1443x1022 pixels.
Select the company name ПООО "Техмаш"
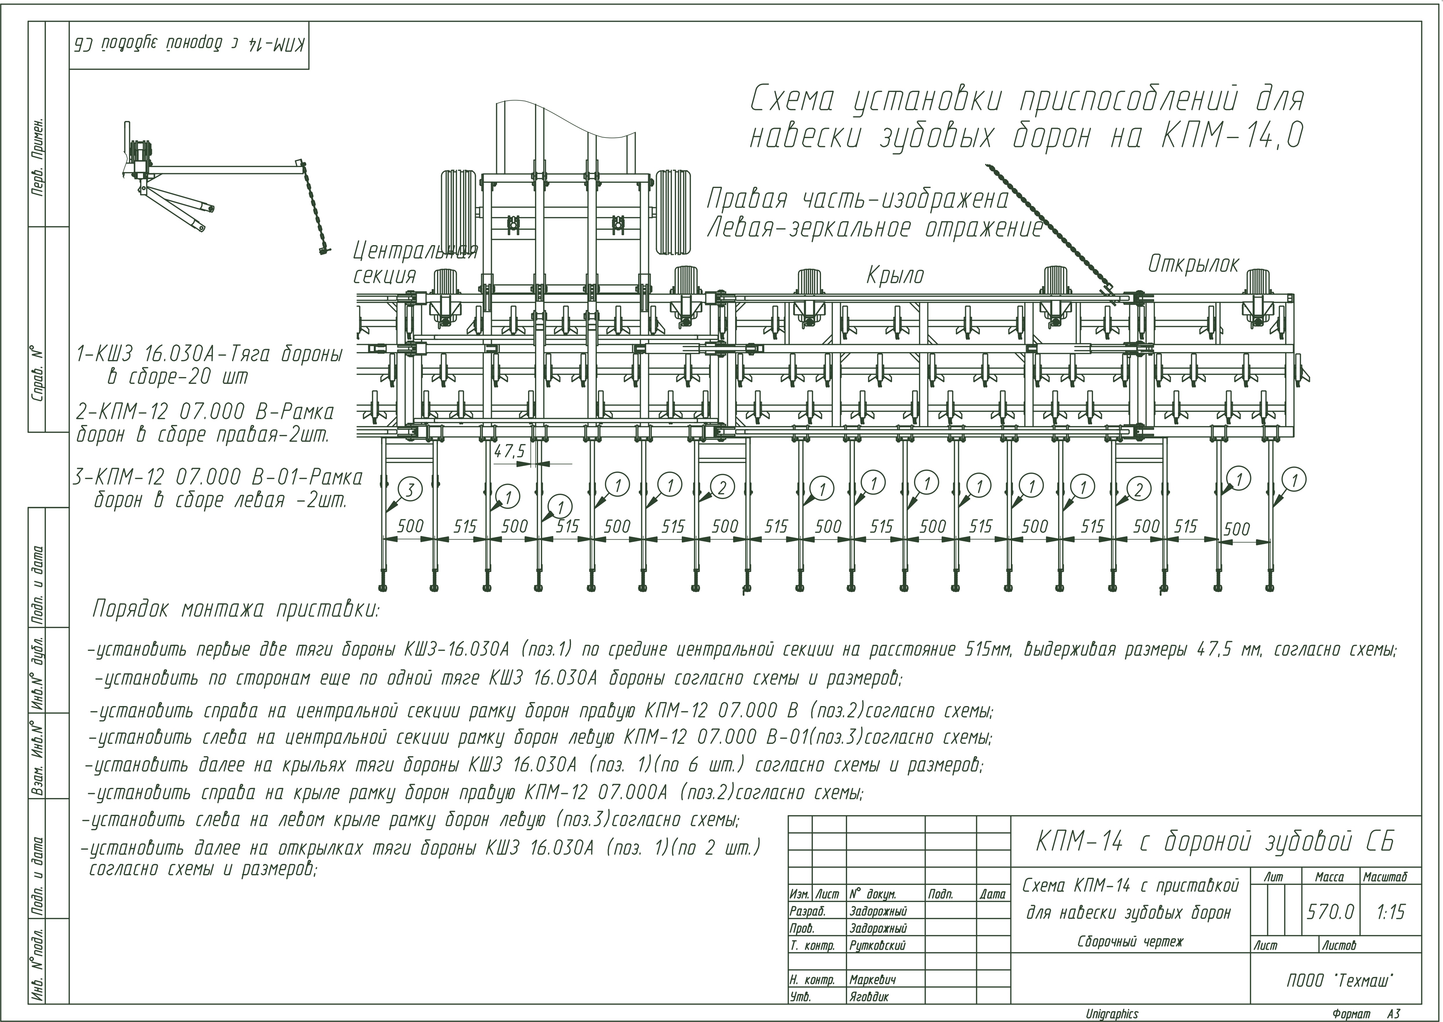[1339, 981]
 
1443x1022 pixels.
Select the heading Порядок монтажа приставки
[236, 609]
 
